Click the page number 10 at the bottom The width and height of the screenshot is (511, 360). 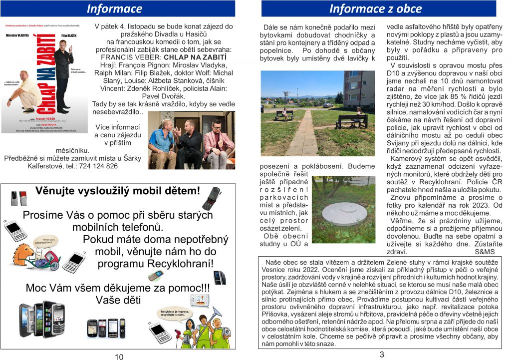[119, 356]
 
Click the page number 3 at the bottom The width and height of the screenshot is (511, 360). [382, 355]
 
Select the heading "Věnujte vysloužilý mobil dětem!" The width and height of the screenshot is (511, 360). [117, 190]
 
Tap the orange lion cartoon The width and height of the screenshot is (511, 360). [23, 255]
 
